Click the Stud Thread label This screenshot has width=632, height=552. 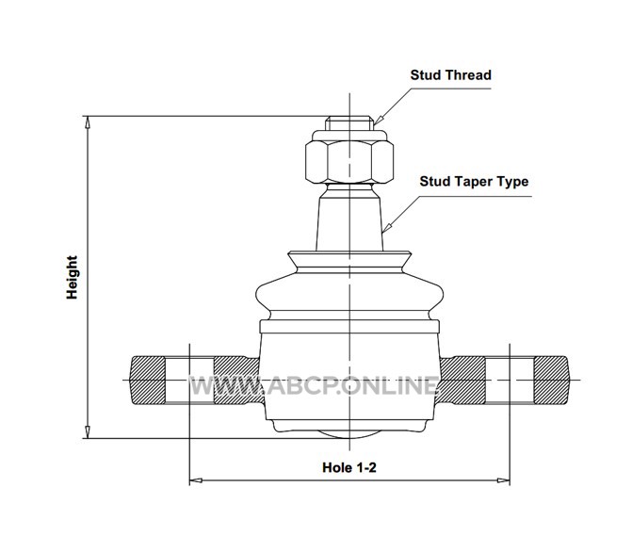450,74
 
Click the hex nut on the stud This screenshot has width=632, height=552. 348,161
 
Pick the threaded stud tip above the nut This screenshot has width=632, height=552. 348,123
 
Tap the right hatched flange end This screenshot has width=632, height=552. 549,379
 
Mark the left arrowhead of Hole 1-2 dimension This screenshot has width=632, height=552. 195,481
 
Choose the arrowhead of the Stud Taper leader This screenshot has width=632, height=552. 386,229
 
